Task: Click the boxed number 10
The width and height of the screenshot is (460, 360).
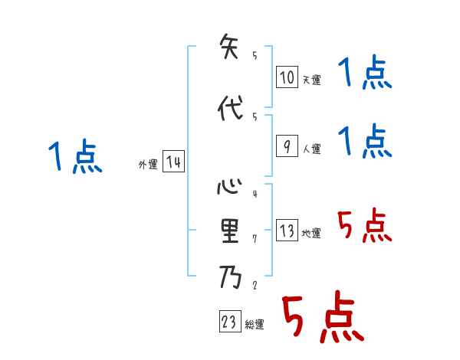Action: [x=287, y=77]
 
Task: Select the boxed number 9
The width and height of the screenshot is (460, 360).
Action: [x=287, y=146]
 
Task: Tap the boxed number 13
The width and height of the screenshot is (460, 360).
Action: [x=287, y=231]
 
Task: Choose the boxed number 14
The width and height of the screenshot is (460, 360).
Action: [x=173, y=162]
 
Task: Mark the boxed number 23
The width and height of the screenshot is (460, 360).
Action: [x=229, y=322]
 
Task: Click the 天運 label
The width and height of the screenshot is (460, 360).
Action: [x=311, y=80]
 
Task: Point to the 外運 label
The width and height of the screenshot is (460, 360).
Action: [x=147, y=164]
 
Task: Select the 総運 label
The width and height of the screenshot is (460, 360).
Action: [x=255, y=325]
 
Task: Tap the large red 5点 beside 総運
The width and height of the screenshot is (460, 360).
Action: [x=322, y=319]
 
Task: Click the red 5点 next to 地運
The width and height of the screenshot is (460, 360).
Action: [x=364, y=227]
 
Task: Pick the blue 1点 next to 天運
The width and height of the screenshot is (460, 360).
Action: [x=364, y=74]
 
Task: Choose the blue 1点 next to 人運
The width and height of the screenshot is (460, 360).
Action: [x=364, y=142]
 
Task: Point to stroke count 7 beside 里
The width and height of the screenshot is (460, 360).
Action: [x=254, y=239]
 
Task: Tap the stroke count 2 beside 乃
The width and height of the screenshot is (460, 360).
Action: [x=254, y=285]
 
